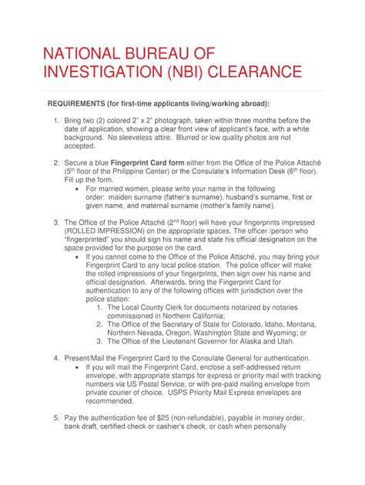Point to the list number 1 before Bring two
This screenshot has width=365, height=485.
(56, 121)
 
